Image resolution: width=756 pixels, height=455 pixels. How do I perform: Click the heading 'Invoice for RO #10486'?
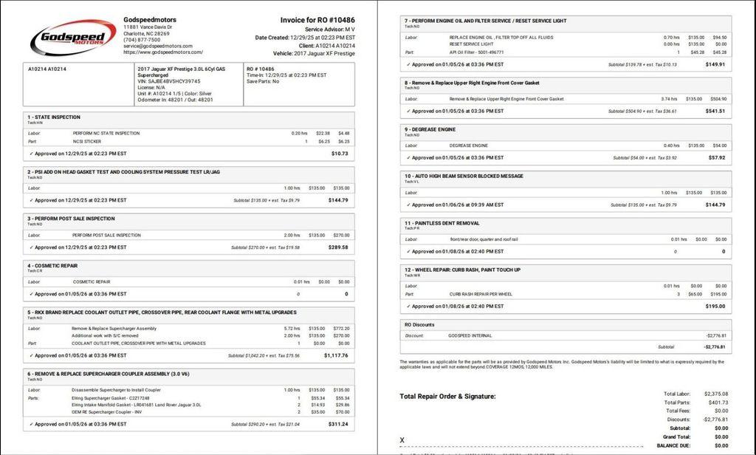point(317,20)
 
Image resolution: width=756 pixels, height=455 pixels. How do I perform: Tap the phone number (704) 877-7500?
point(142,40)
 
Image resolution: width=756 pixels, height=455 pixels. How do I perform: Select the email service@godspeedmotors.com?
point(158,46)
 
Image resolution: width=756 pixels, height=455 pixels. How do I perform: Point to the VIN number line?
point(169,81)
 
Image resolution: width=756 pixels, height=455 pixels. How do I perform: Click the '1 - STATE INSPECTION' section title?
point(54,117)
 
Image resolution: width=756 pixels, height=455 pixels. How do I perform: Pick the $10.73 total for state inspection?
point(340,154)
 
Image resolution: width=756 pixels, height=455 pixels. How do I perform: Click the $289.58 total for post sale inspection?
point(338,247)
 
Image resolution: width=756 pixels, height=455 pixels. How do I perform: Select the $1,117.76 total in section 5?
point(336,355)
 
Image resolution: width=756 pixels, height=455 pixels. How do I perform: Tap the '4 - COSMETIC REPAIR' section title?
point(52,265)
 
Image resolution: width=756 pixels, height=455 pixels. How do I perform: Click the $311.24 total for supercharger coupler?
point(338,424)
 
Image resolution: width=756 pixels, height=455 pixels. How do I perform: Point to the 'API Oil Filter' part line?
point(477,52)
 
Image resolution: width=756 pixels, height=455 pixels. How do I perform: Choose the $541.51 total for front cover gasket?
point(715,111)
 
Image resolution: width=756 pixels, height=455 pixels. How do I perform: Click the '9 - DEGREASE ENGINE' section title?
point(430,129)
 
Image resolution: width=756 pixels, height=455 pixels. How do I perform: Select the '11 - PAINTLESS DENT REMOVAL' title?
point(441,222)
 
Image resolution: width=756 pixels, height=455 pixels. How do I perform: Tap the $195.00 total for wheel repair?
point(715,306)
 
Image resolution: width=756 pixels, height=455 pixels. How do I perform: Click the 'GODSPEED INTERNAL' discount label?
point(470,335)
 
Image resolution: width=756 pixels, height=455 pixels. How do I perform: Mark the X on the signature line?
point(402,440)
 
